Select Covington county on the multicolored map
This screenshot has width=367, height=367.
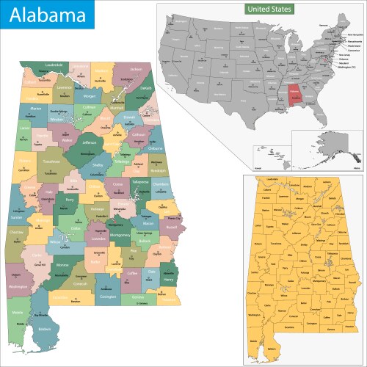[x=108, y=297]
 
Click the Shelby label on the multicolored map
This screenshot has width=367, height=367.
[x=97, y=166]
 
